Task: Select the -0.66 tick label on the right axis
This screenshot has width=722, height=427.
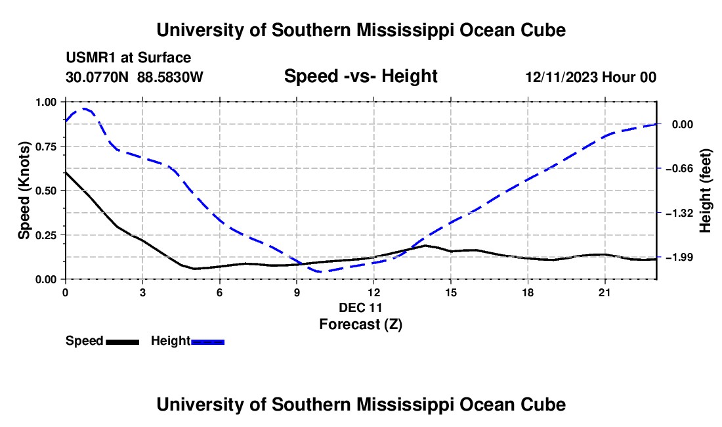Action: [679, 169]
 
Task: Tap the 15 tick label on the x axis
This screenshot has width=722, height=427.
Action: [451, 292]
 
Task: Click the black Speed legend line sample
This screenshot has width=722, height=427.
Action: [123, 342]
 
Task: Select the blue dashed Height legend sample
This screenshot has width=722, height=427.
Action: [207, 342]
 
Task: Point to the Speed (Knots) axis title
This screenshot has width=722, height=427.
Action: [24, 191]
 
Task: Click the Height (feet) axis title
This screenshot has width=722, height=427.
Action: [706, 191]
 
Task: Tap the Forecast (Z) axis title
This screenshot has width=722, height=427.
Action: [360, 325]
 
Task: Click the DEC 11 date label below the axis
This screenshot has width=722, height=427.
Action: [360, 307]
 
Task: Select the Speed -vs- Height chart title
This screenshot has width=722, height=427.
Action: [360, 76]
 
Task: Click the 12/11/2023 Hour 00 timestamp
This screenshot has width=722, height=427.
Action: [591, 77]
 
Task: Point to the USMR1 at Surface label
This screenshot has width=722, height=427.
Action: [128, 58]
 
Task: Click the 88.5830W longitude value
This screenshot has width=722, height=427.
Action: [170, 77]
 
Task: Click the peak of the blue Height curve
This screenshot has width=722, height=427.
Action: [84, 108]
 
